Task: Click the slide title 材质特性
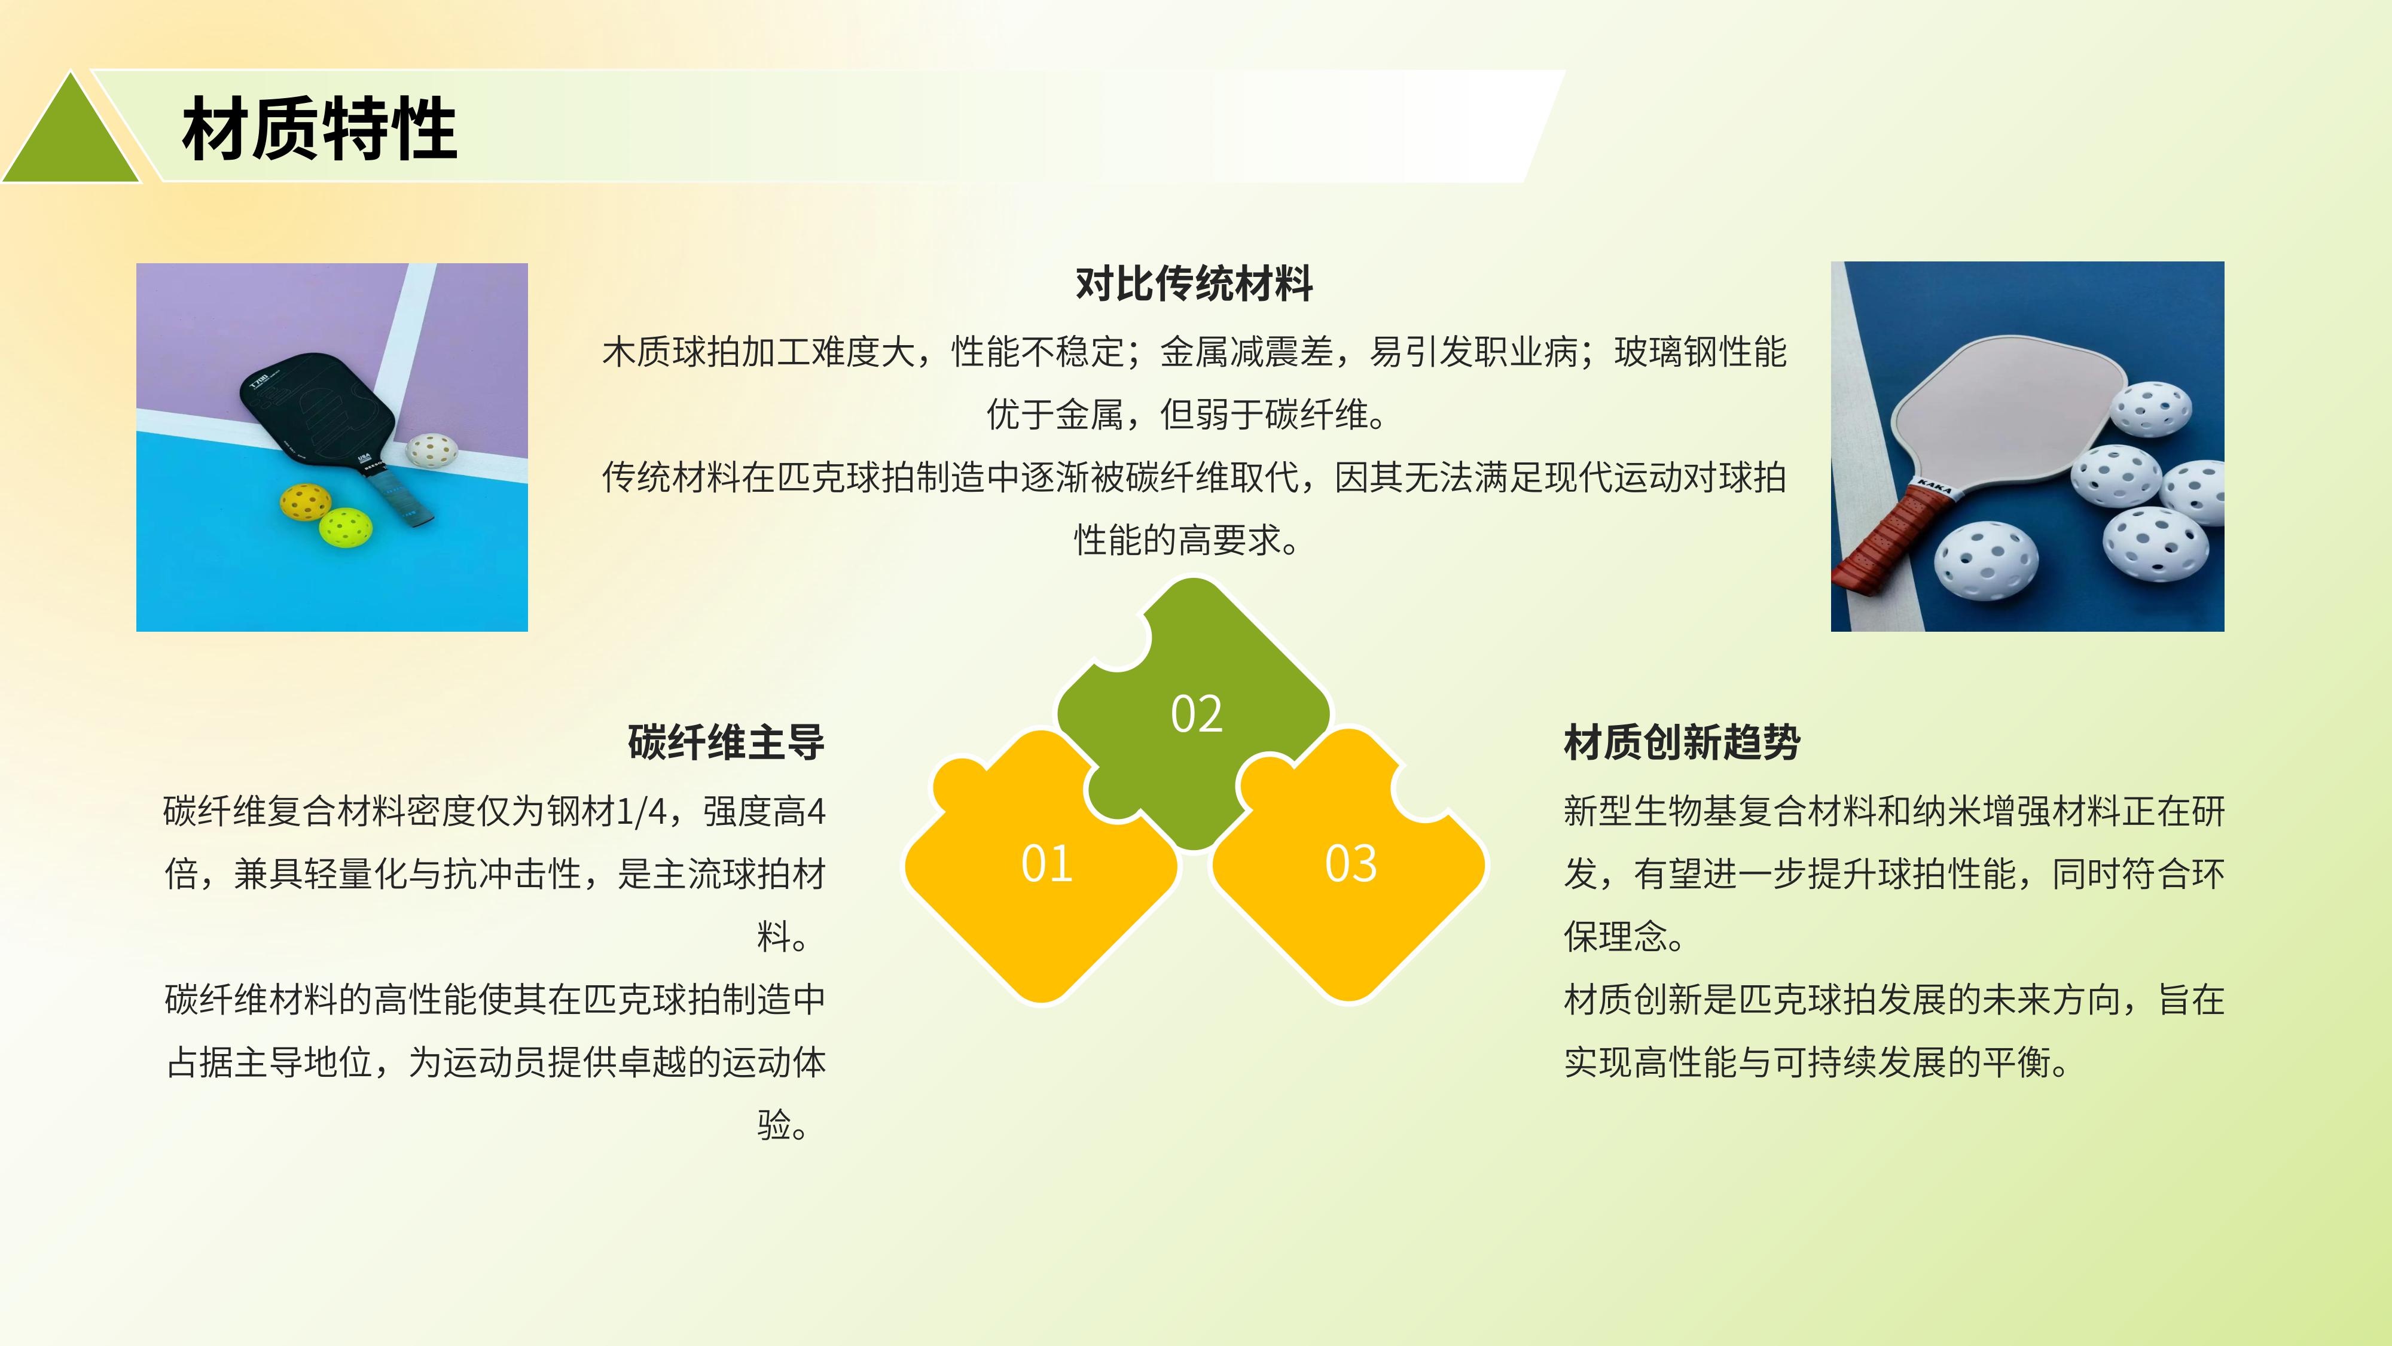click(x=319, y=129)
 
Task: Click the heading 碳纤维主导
click(x=726, y=742)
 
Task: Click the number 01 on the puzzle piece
click(x=1046, y=863)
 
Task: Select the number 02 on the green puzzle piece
click(x=1196, y=714)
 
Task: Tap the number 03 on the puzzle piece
click(x=1350, y=863)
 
